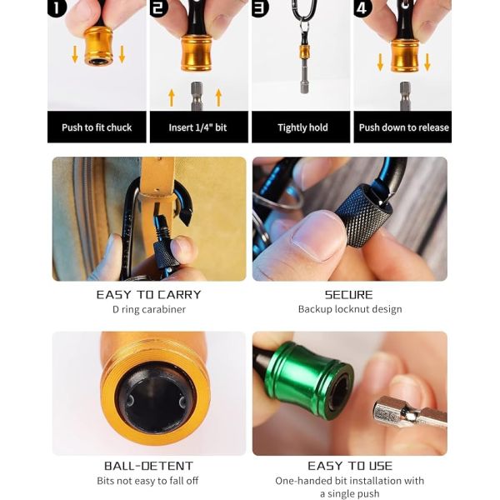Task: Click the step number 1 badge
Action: click(x=57, y=10)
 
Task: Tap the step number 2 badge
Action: click(x=159, y=10)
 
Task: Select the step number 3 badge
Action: click(x=261, y=10)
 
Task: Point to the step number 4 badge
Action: click(x=362, y=10)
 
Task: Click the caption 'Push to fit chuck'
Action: click(x=97, y=127)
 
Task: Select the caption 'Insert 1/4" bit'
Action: click(x=198, y=127)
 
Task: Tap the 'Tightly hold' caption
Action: click(x=302, y=127)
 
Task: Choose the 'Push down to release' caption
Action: click(x=403, y=127)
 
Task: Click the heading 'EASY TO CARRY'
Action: click(x=148, y=294)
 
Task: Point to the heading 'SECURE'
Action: click(x=349, y=294)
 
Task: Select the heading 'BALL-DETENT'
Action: click(x=148, y=466)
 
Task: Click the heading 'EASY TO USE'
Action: click(x=349, y=466)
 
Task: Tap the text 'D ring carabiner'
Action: click(x=148, y=309)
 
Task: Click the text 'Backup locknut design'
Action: click(x=349, y=309)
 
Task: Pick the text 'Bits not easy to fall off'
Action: click(x=148, y=481)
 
